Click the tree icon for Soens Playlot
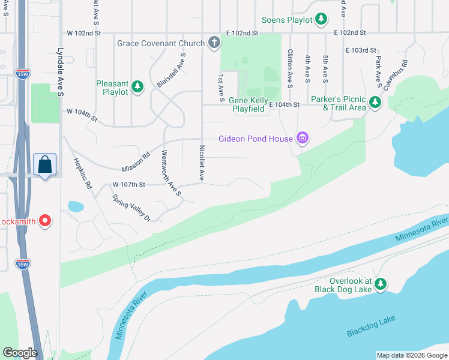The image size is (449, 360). (321, 20)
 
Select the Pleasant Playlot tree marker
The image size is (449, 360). (137, 87)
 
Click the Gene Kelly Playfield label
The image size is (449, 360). (249, 105)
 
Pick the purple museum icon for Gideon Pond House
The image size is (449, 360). (303, 139)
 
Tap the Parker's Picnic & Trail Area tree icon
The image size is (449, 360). (375, 103)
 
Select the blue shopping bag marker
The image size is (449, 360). (46, 164)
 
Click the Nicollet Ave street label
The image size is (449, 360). (202, 162)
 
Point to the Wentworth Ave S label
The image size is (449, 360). (170, 173)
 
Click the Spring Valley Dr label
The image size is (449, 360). (131, 208)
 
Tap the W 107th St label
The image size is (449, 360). (129, 184)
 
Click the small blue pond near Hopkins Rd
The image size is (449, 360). (76, 206)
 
